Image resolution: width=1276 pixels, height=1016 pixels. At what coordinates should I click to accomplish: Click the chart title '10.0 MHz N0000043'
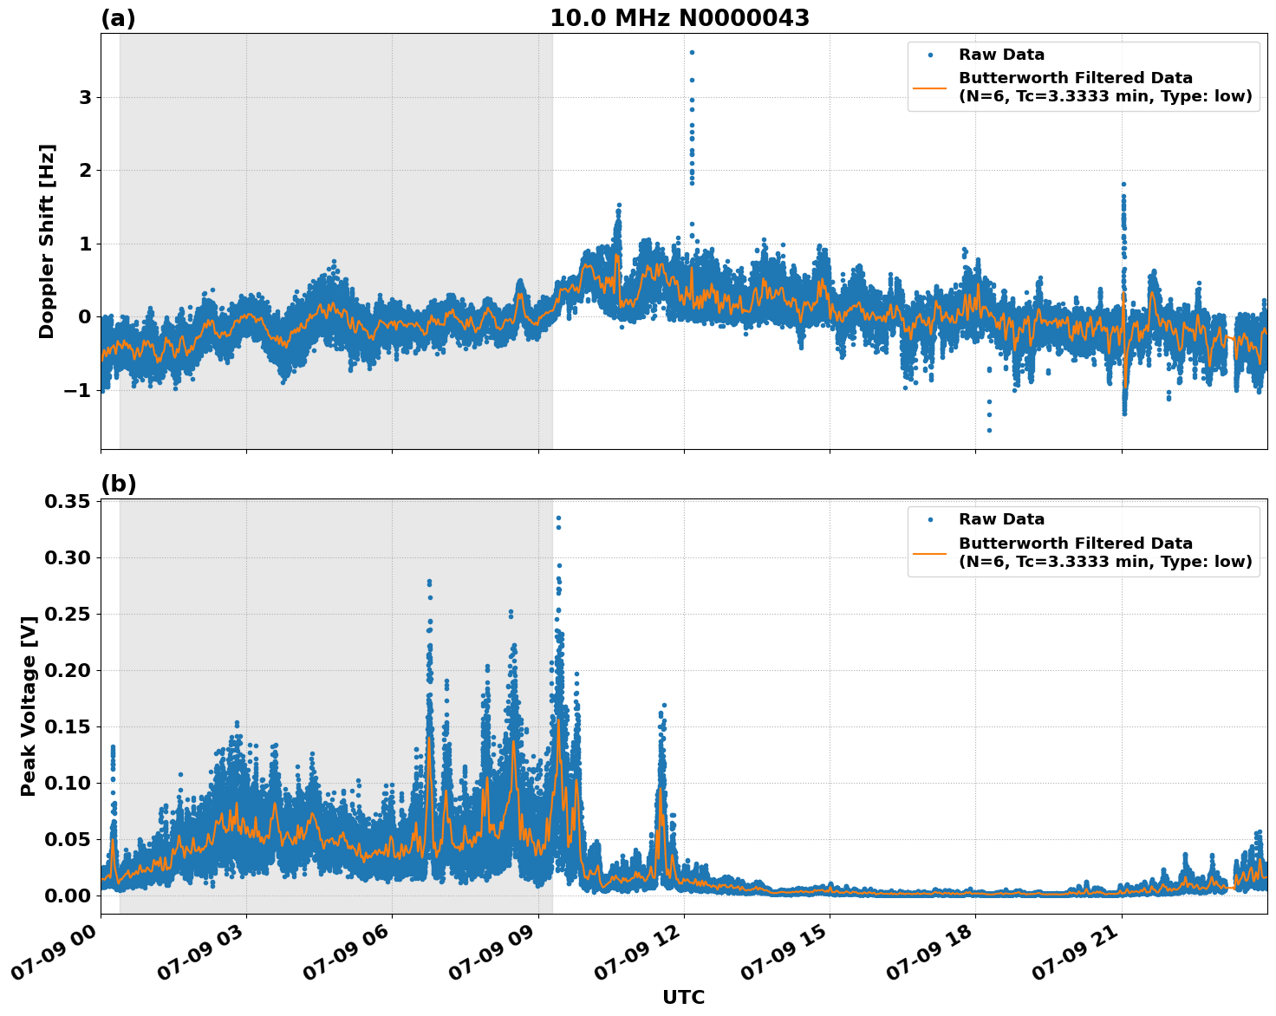[679, 18]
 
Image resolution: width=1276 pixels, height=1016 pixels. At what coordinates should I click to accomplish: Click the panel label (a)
[118, 18]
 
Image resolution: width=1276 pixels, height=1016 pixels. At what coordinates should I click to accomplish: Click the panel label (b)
[118, 484]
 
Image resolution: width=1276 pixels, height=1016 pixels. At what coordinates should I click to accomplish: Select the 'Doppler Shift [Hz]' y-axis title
[47, 241]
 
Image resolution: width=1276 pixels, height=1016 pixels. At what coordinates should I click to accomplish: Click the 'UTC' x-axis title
[683, 997]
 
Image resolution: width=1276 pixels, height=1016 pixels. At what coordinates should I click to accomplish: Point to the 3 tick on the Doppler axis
[85, 97]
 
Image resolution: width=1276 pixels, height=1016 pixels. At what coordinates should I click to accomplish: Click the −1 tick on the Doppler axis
[78, 390]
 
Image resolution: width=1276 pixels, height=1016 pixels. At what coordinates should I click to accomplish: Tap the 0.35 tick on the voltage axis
[68, 501]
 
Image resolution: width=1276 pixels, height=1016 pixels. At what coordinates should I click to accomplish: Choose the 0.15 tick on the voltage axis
[68, 726]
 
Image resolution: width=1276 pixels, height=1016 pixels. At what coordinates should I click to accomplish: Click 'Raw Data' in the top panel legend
[1001, 55]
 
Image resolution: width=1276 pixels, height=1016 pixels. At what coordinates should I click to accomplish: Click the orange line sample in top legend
[929, 87]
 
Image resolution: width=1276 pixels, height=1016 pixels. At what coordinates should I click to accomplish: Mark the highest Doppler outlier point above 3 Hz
[692, 52]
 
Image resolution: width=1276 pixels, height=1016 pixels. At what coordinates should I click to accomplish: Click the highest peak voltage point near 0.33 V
[558, 518]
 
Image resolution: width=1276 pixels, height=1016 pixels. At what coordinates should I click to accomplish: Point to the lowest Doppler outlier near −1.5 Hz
[989, 430]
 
